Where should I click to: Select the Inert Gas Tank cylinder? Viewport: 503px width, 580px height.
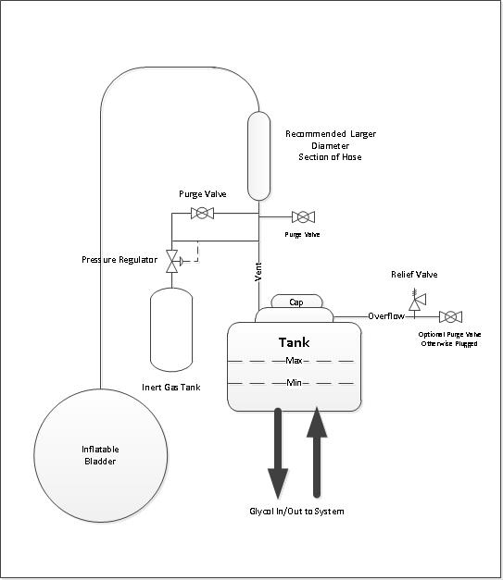pyautogui.click(x=171, y=329)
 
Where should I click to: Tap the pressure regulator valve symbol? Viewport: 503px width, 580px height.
pyautogui.click(x=172, y=261)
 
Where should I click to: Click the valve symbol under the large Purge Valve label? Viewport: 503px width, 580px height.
pyautogui.click(x=202, y=213)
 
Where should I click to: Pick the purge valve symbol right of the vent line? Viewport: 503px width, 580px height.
pyautogui.click(x=303, y=216)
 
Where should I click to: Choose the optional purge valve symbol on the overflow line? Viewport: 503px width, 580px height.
pyautogui.click(x=450, y=317)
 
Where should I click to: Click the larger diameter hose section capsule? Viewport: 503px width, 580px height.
pyautogui.click(x=258, y=155)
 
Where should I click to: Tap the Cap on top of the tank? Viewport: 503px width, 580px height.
pyautogui.click(x=296, y=302)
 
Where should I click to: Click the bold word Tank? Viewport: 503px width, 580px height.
pyautogui.click(x=294, y=342)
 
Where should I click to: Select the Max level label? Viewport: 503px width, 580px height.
pyautogui.click(x=294, y=360)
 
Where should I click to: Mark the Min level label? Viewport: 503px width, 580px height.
pyautogui.click(x=294, y=382)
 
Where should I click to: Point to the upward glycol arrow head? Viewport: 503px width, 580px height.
pyautogui.click(x=317, y=422)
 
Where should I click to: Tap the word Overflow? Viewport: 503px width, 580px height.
pyautogui.click(x=386, y=315)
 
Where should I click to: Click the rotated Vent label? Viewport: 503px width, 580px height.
pyautogui.click(x=258, y=272)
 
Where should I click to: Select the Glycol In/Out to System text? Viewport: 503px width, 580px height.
pyautogui.click(x=296, y=512)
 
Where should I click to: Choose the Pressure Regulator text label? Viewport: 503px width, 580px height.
pyautogui.click(x=119, y=260)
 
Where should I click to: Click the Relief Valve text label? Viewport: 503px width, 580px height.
pyautogui.click(x=414, y=275)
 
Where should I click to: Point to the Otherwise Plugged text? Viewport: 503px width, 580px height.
pyautogui.click(x=449, y=343)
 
